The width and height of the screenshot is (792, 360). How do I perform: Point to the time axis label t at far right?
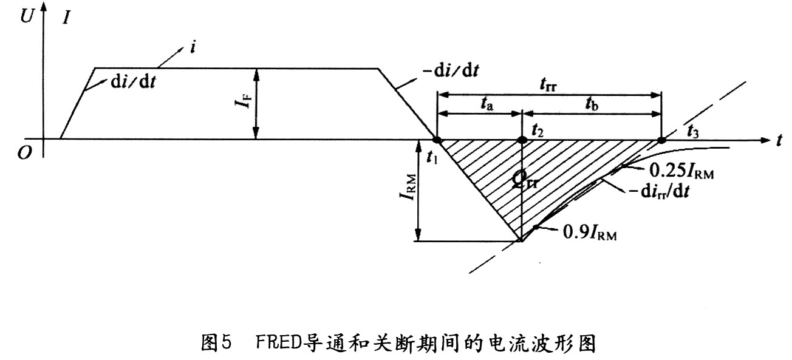(x=778, y=140)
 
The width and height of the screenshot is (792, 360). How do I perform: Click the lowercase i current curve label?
(x=193, y=47)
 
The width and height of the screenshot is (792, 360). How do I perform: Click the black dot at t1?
(x=436, y=140)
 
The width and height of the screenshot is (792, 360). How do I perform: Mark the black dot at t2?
(x=521, y=140)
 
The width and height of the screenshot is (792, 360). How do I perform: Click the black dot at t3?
(x=661, y=140)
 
